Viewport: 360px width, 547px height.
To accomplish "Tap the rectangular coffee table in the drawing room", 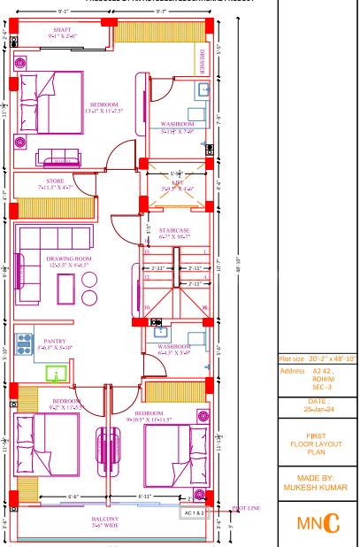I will coord(64,288).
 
